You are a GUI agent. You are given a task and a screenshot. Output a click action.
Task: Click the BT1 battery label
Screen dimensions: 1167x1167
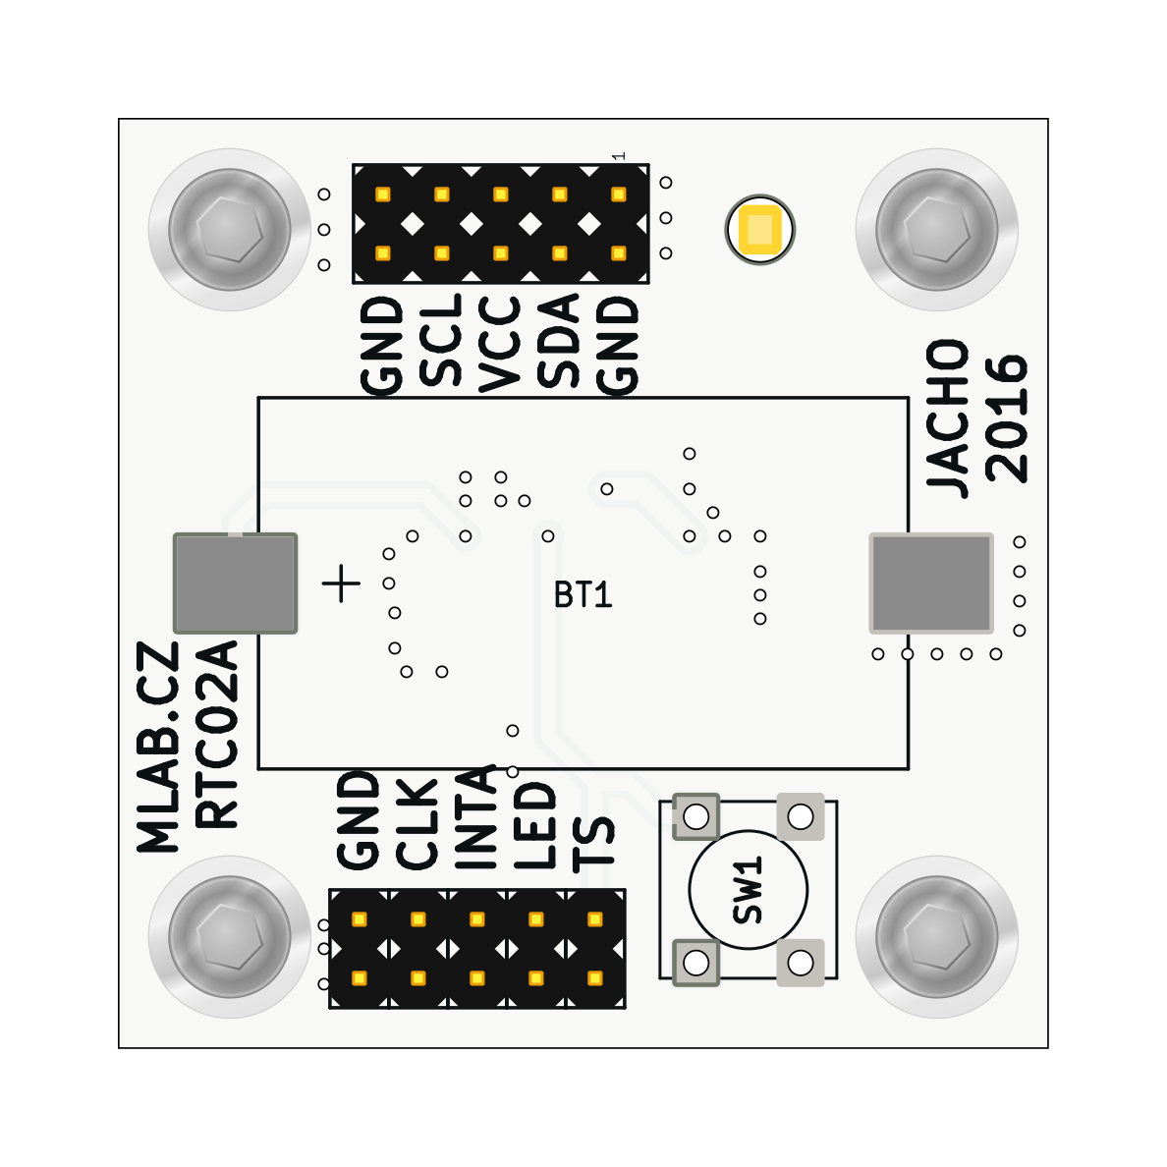583,595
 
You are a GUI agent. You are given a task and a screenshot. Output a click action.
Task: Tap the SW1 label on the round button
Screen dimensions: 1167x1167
749,890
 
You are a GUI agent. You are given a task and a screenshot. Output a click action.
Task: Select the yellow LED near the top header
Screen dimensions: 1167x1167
759,230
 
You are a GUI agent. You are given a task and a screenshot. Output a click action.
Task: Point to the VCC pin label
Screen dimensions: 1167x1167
500,344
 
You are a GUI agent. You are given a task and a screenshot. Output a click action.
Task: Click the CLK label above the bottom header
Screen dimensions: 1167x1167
417,823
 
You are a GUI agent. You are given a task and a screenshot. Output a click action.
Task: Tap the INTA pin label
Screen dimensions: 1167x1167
476,817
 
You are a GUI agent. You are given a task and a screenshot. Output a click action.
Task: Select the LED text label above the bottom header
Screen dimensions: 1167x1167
536,825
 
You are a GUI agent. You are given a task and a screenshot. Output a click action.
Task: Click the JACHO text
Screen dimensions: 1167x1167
949,418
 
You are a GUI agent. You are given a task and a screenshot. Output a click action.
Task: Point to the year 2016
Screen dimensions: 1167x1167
1007,418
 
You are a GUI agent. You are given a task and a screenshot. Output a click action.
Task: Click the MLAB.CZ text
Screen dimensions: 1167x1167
159,747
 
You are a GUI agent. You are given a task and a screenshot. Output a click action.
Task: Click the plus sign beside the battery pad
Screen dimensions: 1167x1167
341,583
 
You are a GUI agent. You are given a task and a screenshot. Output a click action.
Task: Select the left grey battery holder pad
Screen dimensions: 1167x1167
235,583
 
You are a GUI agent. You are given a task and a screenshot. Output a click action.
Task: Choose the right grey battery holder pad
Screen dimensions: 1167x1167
931,583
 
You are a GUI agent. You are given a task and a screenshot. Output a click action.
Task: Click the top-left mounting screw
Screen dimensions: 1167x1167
230,230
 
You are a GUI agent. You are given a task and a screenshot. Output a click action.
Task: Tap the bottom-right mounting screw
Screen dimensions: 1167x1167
937,937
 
